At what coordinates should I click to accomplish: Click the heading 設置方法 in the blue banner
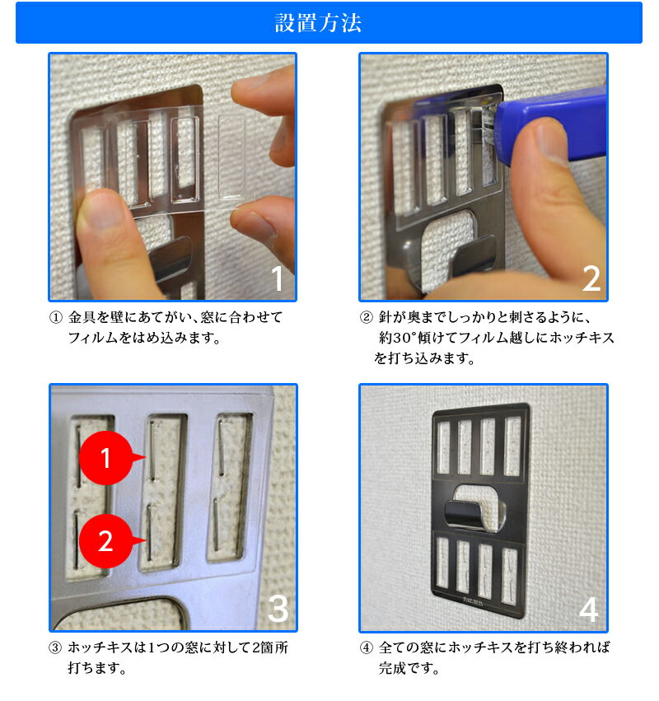point(318,23)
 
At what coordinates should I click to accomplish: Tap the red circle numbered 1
point(106,458)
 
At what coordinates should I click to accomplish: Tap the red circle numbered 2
point(106,541)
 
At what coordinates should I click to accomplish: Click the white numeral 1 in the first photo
point(278,278)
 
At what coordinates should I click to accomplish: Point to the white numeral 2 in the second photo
point(591,278)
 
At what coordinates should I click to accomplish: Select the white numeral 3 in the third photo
point(278,609)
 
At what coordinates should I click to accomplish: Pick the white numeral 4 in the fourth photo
point(589,610)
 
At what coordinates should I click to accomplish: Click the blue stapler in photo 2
point(551,123)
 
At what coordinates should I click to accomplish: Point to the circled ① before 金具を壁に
point(55,317)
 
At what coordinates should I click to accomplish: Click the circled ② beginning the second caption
point(367,317)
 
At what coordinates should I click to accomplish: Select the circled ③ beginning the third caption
point(55,647)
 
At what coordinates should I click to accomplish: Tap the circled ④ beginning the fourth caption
point(367,647)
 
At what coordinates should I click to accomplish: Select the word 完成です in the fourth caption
point(409,668)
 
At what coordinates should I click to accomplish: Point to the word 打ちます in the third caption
point(96,668)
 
